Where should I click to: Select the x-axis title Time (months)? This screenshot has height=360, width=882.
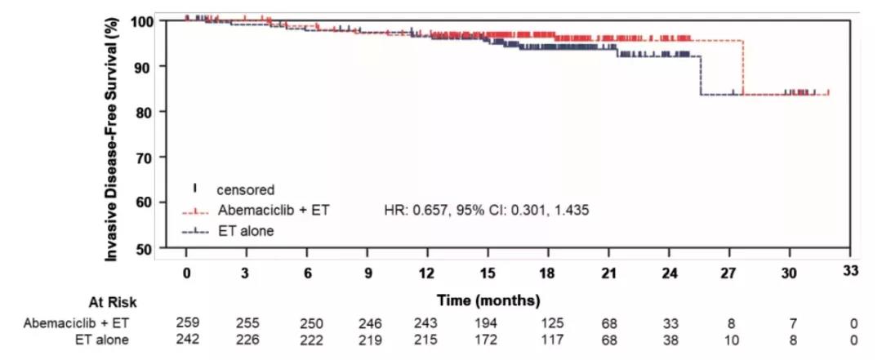click(x=488, y=300)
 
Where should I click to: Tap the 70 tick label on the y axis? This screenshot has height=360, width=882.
click(x=149, y=156)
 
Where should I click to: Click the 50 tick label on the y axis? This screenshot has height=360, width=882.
click(x=149, y=247)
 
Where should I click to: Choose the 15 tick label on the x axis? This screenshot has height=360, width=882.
click(x=488, y=273)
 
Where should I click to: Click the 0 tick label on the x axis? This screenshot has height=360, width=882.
click(x=187, y=273)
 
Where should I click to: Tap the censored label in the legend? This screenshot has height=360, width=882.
click(x=246, y=189)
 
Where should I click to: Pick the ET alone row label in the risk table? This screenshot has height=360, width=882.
click(x=99, y=339)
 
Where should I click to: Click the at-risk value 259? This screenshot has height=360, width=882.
click(x=187, y=322)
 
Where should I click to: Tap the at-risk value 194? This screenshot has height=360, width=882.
click(x=488, y=322)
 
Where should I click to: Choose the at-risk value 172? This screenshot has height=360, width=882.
click(x=488, y=339)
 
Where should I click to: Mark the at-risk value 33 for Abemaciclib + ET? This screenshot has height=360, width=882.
click(x=670, y=322)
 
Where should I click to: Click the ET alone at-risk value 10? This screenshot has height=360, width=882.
click(x=731, y=339)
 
